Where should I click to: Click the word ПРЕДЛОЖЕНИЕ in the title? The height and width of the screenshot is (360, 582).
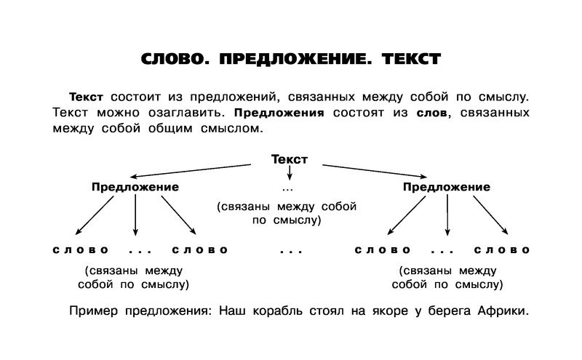(295, 59)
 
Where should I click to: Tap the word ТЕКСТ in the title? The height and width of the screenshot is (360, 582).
(411, 59)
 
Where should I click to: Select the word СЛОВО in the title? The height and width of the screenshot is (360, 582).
(175, 59)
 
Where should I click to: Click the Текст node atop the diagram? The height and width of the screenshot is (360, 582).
(290, 159)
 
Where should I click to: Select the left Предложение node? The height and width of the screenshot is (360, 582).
(135, 187)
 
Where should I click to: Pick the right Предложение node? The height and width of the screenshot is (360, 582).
(447, 187)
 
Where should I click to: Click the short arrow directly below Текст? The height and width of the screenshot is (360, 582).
(290, 172)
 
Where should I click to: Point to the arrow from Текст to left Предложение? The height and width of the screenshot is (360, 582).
(191, 171)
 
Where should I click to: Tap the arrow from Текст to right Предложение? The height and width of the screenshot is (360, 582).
(375, 171)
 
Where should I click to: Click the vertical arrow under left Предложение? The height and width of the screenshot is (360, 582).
(135, 215)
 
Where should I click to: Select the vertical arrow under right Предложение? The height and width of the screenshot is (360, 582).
(447, 215)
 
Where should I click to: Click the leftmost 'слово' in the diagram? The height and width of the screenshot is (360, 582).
(81, 250)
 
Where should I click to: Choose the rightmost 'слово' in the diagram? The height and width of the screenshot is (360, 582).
(502, 250)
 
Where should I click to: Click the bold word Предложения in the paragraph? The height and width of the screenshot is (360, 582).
(279, 113)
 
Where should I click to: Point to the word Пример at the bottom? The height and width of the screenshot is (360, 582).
(93, 311)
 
